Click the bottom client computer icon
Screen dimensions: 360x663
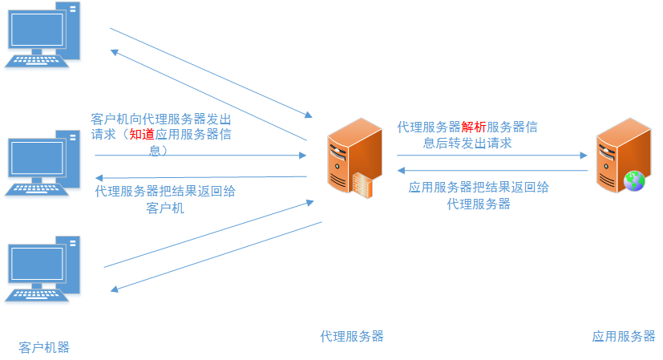pos(44,268)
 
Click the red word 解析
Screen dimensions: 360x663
pos(474,127)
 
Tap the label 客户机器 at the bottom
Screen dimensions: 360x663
pos(44,347)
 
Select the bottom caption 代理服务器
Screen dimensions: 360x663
pos(352,336)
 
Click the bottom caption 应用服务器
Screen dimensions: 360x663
pos(624,336)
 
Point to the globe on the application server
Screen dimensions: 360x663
pos(635,181)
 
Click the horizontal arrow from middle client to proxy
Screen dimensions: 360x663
pos(200,156)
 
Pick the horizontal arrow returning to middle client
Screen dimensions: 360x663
pos(200,176)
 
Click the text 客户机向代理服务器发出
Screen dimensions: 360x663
pos(160,119)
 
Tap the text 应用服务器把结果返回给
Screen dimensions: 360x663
pos(479,188)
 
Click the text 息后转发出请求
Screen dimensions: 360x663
pos(467,143)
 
